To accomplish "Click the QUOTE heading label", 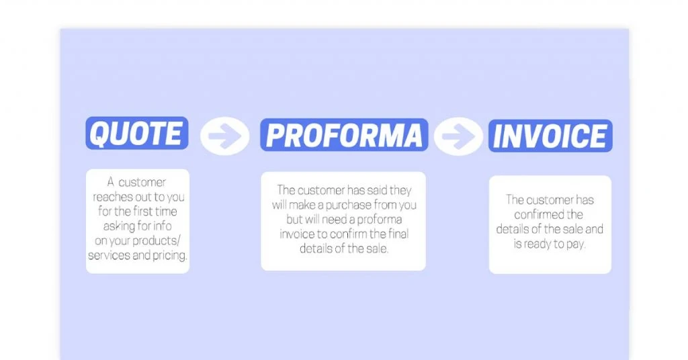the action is click(x=137, y=133).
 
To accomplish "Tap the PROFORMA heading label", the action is click(x=344, y=135).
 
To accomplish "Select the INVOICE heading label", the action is click(x=550, y=136).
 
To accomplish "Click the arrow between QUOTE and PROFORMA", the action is click(x=224, y=136).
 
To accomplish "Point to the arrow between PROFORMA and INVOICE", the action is click(x=458, y=136).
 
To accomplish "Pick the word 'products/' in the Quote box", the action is click(x=156, y=240).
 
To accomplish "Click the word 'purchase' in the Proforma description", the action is click(x=349, y=206).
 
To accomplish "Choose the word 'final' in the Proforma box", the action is click(x=398, y=234).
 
